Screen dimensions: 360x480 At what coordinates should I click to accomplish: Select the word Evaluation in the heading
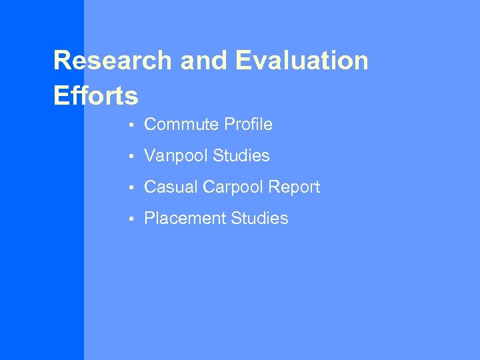(x=301, y=61)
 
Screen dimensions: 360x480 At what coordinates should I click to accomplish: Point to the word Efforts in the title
(x=95, y=96)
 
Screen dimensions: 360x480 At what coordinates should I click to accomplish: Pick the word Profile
(x=248, y=125)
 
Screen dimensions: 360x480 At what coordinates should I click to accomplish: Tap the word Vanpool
(x=175, y=156)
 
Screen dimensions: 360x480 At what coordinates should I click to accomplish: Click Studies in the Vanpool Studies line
(x=241, y=156)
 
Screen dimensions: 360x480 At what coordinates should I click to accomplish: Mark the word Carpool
(x=231, y=188)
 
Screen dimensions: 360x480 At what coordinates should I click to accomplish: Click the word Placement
(x=184, y=219)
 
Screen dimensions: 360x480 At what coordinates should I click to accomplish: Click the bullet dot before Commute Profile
(x=133, y=125)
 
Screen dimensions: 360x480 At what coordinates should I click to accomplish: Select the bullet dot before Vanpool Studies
(x=133, y=157)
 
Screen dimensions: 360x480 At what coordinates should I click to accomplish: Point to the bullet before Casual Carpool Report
(x=133, y=188)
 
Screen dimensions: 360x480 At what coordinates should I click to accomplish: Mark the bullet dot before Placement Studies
(x=133, y=219)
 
